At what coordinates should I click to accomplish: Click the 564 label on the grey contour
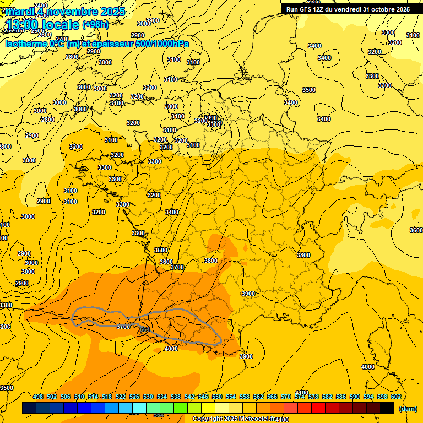144,329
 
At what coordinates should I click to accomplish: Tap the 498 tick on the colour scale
38,397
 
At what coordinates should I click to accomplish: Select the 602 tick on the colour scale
396,397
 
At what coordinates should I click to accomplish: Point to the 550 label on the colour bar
217,397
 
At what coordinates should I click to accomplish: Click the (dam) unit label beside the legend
408,409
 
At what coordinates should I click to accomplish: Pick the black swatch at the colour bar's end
387,408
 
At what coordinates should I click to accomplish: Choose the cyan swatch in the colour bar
139,408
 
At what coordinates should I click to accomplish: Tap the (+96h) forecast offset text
95,24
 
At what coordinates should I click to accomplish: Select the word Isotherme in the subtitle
26,44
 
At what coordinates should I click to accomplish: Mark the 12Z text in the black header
323,9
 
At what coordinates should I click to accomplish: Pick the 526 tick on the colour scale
134,397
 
